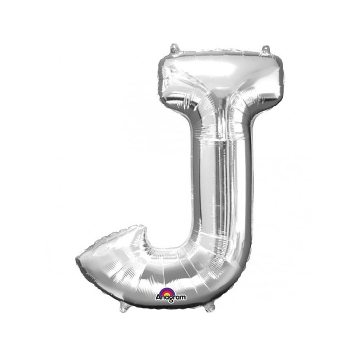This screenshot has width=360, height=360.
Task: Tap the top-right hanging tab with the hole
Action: pos(266,50)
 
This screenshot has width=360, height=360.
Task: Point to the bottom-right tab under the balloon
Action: pos(210,307)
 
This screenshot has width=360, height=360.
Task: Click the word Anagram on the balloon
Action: pos(171,297)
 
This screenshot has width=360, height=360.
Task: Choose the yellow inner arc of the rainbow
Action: pos(167,292)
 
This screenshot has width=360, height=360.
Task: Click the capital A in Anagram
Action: pos(158,297)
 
